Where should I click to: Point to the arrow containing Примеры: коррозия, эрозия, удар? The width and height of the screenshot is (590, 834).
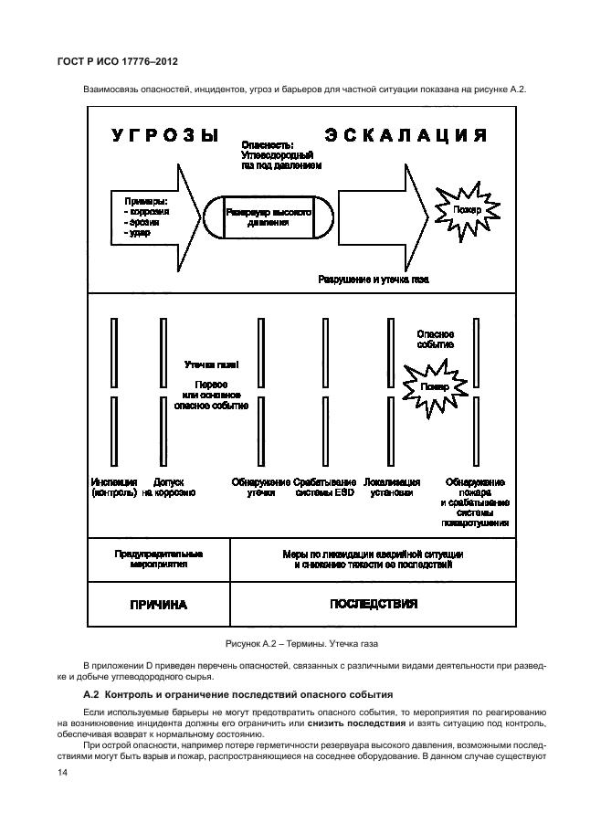pyautogui.click(x=151, y=217)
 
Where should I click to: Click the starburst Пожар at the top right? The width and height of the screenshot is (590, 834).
pyautogui.click(x=462, y=209)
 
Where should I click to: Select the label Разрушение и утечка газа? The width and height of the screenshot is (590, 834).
pyautogui.click(x=374, y=279)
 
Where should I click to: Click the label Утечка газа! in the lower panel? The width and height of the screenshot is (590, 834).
pyautogui.click(x=211, y=364)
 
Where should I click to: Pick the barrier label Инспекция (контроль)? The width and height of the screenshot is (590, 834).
pyautogui.click(x=114, y=487)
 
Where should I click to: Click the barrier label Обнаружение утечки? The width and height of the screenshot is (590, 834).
pyautogui.click(x=261, y=487)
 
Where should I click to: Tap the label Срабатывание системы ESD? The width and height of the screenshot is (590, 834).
pyautogui.click(x=325, y=487)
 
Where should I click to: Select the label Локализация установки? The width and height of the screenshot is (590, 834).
pyautogui.click(x=392, y=487)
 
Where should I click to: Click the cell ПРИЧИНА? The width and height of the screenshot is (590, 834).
pyautogui.click(x=158, y=605)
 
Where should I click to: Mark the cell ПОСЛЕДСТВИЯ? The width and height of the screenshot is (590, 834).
pyautogui.click(x=374, y=604)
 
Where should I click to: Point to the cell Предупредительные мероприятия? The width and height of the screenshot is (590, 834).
pyautogui.click(x=158, y=559)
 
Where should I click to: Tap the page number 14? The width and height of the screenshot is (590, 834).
pyautogui.click(x=62, y=773)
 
